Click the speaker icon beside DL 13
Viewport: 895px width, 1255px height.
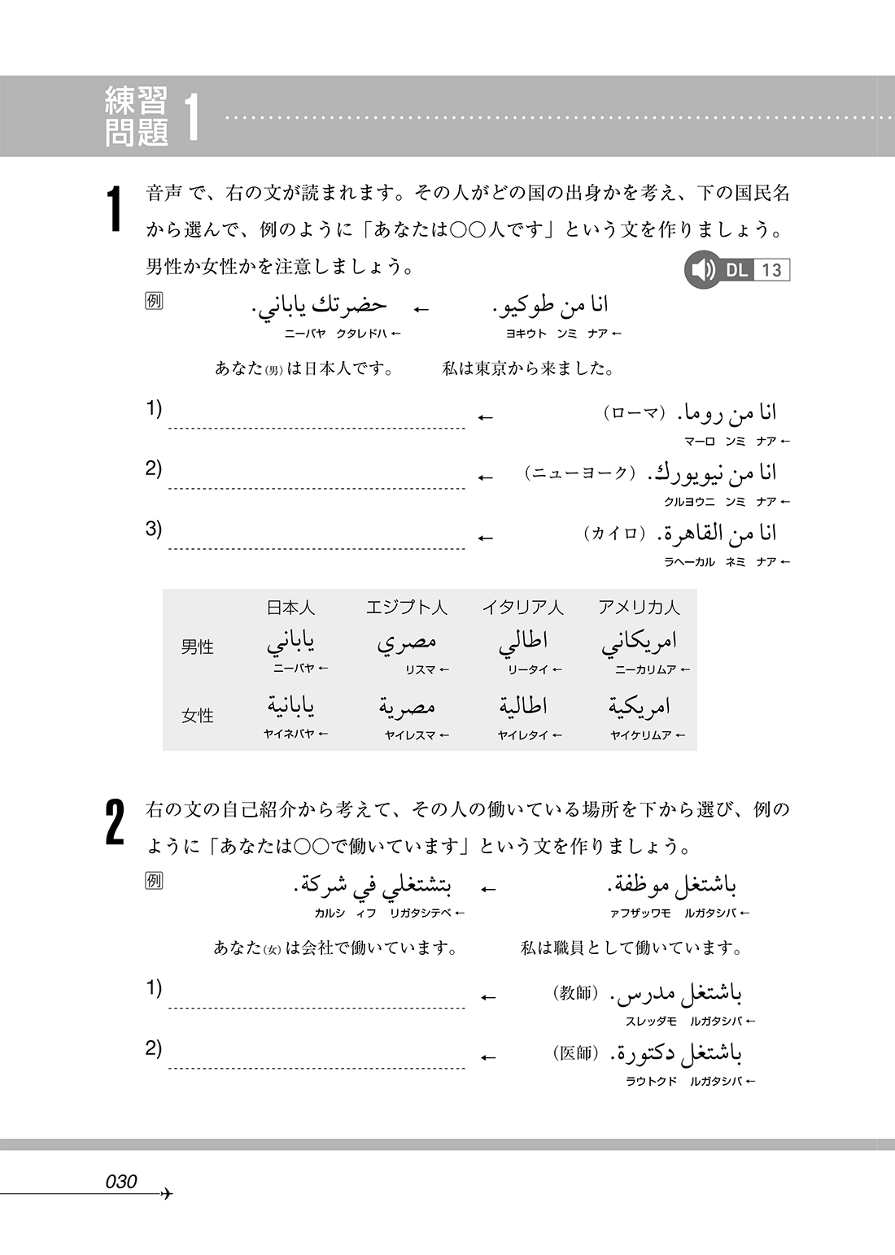point(701,269)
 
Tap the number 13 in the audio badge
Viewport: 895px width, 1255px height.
point(771,270)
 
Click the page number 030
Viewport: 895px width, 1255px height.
point(121,1182)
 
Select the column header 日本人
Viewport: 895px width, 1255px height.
point(290,607)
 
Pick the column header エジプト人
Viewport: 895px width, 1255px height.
point(406,607)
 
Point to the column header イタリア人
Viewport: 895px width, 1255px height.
point(522,607)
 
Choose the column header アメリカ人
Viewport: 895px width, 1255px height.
point(639,607)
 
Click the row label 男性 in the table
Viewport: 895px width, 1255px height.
point(197,647)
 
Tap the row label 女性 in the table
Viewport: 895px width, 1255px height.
point(197,716)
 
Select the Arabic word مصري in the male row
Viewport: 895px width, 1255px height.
point(407,642)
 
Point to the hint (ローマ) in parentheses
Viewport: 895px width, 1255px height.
point(635,412)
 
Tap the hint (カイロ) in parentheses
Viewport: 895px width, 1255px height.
point(615,533)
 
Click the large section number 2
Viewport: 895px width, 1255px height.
point(116,823)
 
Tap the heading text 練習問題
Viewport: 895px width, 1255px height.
point(136,116)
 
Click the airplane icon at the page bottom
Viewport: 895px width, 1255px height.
point(168,1193)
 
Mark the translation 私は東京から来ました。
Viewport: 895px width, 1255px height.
point(528,368)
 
